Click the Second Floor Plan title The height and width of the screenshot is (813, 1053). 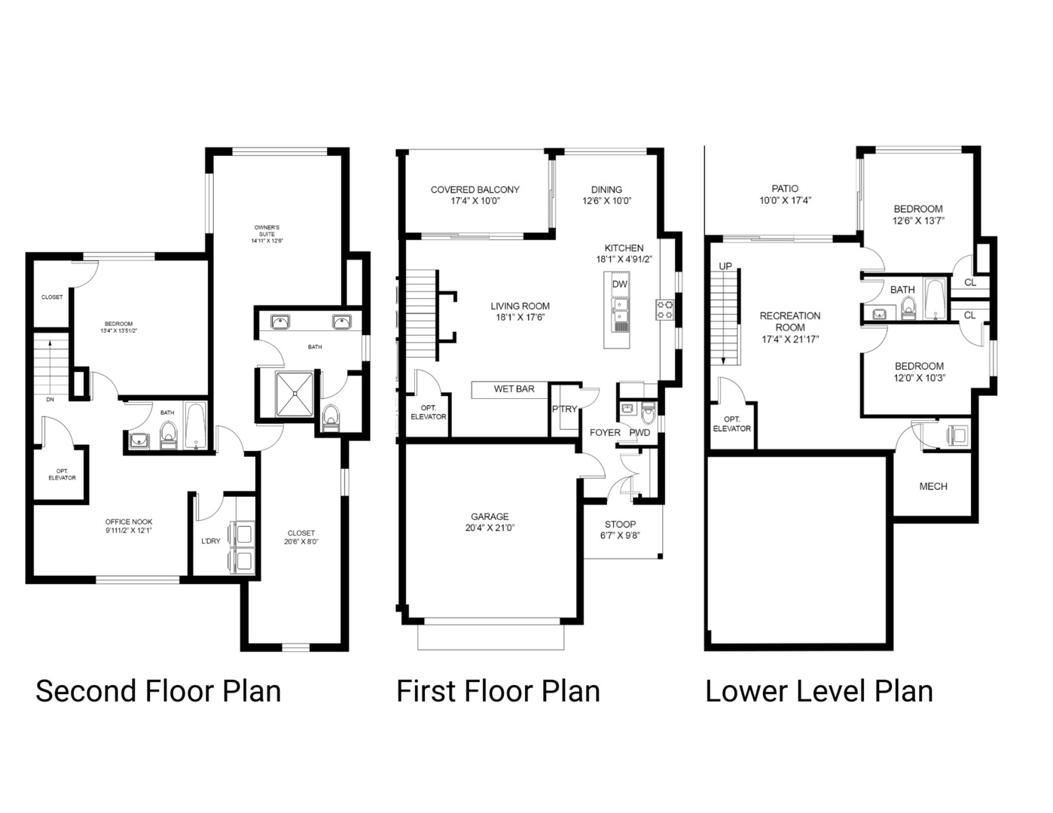(158, 691)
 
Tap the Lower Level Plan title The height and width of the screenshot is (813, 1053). (819, 691)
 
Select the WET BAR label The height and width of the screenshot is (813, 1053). (514, 389)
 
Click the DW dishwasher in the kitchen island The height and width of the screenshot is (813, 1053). (619, 285)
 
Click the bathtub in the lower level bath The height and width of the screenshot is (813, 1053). (934, 300)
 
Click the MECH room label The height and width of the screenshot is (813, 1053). (933, 486)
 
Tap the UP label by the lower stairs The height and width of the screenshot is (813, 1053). (725, 266)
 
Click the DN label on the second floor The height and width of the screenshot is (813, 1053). (50, 400)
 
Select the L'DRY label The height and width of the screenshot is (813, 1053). (211, 541)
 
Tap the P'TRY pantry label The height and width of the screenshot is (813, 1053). (564, 410)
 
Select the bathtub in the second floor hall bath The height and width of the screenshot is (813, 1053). (195, 427)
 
